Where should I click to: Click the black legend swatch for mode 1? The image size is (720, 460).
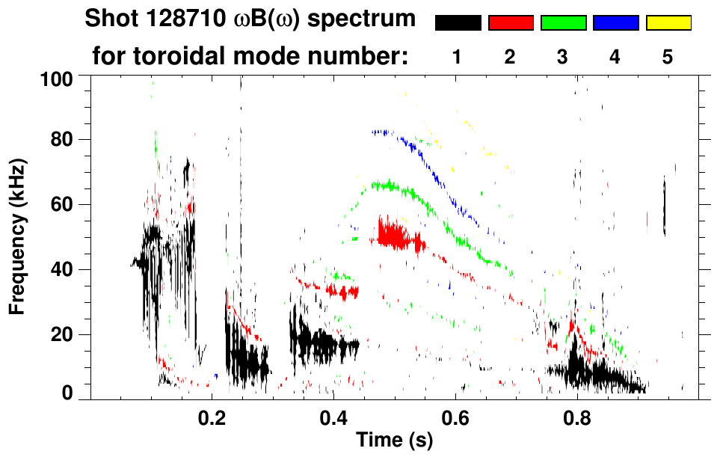click(x=458, y=23)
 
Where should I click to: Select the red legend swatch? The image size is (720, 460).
click(x=511, y=23)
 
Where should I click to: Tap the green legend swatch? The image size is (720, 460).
click(x=563, y=23)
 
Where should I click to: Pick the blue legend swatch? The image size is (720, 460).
click(x=615, y=23)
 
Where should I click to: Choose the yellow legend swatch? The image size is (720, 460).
click(x=668, y=23)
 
